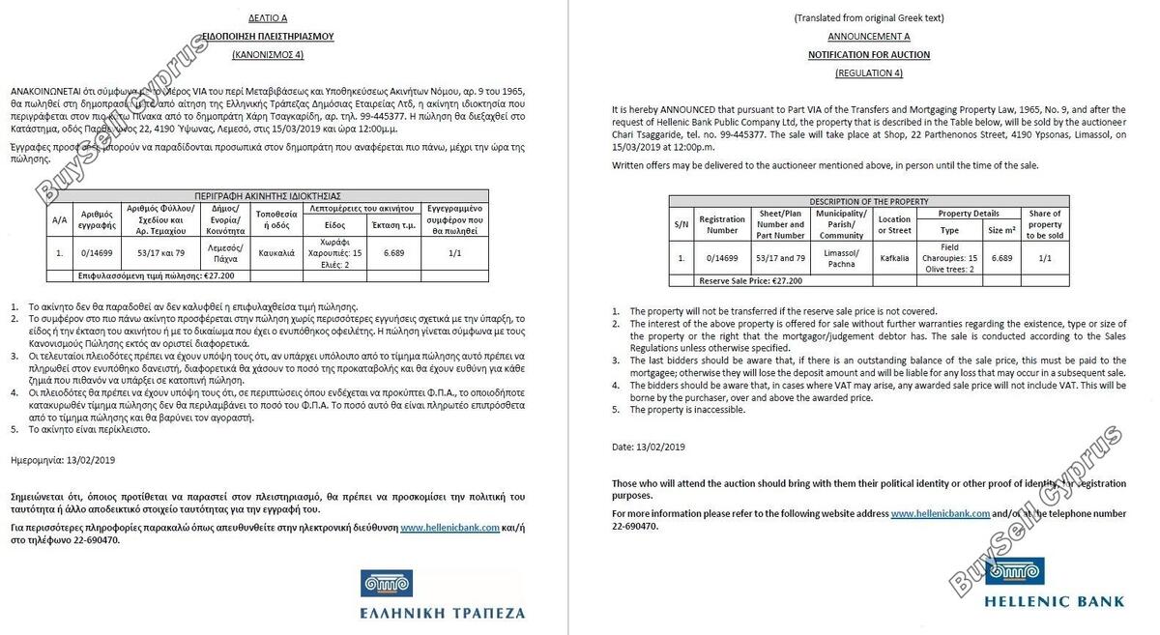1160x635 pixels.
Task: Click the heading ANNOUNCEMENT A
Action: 869,37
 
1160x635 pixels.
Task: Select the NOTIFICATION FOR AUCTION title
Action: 869,55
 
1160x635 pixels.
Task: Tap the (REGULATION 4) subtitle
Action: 869,73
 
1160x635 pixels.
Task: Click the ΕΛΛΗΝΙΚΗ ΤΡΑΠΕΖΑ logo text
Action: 443,613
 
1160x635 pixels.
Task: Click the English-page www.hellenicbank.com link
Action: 940,514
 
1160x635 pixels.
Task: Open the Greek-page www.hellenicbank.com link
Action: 449,528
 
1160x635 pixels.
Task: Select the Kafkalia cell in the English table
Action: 894,258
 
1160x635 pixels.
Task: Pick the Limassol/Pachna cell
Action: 841,258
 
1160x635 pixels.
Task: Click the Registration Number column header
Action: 722,225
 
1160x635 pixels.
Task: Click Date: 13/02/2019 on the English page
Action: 649,447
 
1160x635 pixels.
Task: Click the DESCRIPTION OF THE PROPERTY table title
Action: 869,201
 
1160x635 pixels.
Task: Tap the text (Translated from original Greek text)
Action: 869,17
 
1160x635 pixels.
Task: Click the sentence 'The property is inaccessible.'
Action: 687,410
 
